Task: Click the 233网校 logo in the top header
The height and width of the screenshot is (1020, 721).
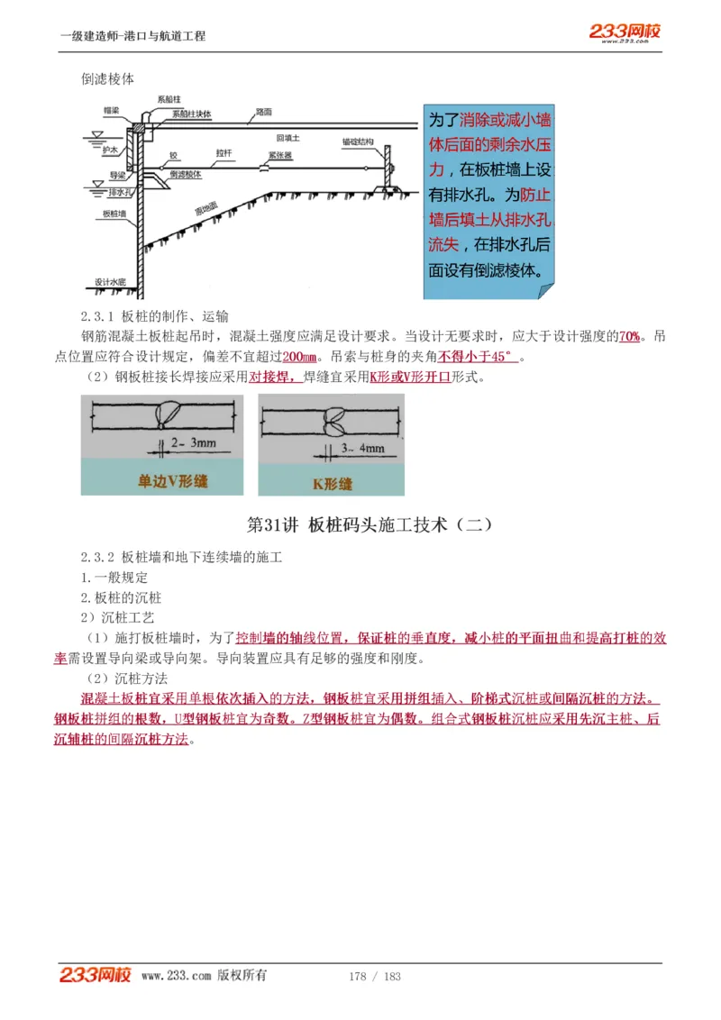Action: [625, 32]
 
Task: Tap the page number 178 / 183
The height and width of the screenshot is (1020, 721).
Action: [374, 976]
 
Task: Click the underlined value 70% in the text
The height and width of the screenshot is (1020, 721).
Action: [629, 336]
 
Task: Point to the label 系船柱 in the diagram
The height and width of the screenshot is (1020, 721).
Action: [169, 98]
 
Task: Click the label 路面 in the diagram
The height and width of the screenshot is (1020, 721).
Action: [263, 113]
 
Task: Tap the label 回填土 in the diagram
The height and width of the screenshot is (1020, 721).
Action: [287, 138]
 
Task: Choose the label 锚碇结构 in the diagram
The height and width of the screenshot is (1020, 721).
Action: [358, 142]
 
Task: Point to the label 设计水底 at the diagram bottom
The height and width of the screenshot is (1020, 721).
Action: [110, 282]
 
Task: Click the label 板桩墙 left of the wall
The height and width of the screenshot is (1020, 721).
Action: [114, 214]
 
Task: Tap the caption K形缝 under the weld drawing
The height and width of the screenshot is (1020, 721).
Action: [331, 484]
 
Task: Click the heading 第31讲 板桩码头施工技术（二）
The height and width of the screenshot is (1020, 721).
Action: [369, 524]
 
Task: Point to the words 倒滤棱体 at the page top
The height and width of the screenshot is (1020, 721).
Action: [107, 78]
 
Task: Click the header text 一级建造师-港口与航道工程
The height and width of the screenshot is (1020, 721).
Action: [132, 36]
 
